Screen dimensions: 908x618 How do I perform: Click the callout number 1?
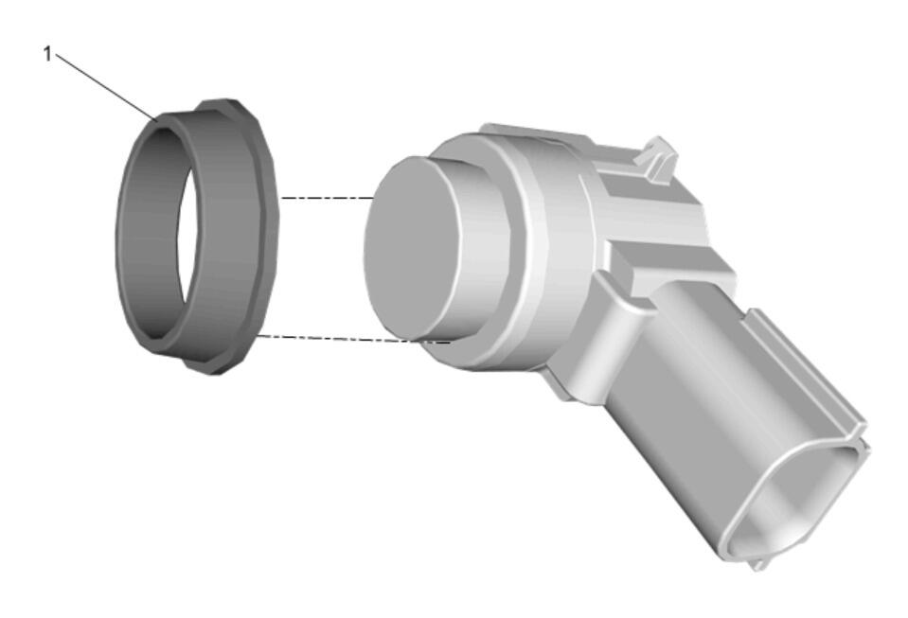[47, 54]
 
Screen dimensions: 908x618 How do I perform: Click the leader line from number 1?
[105, 87]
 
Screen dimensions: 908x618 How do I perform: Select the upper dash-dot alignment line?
[328, 198]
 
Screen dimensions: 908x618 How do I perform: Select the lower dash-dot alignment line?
[354, 339]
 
